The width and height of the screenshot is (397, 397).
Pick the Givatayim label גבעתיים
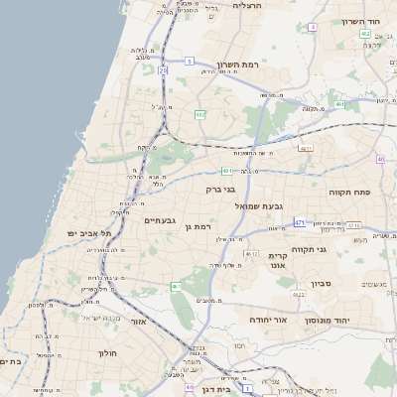tap(160, 220)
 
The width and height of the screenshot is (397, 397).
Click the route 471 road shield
tap(299, 223)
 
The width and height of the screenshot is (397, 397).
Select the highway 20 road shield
tap(162, 71)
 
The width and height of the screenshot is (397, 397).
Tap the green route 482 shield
tap(199, 115)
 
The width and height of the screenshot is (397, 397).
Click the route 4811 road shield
tap(306, 149)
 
